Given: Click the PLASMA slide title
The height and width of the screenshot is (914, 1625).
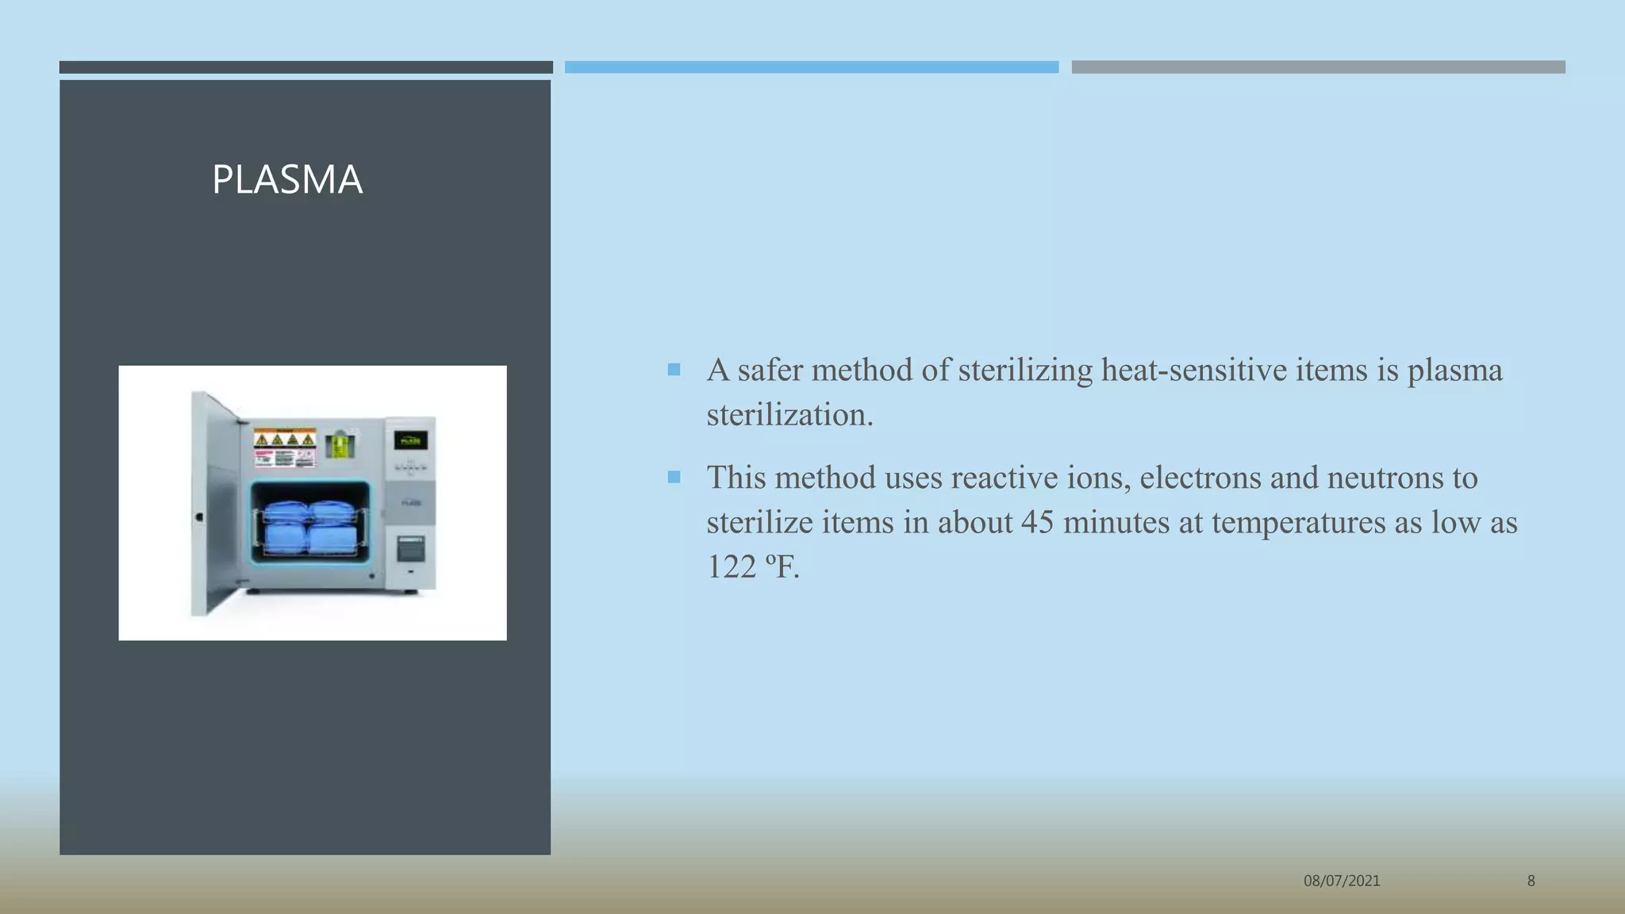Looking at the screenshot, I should [x=287, y=179].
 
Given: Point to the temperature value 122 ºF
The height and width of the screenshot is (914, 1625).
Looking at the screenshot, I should [x=752, y=567].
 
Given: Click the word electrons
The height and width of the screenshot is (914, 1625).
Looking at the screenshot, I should [x=1201, y=478].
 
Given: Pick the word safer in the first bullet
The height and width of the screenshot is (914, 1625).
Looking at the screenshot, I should [x=770, y=371].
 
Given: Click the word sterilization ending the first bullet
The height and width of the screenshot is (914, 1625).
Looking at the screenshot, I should [x=789, y=415].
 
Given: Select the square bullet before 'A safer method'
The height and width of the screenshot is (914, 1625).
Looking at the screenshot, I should [x=674, y=370].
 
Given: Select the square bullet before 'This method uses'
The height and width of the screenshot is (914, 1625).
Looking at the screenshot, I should [x=674, y=477].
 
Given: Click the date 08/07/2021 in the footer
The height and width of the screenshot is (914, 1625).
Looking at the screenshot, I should [x=1342, y=881].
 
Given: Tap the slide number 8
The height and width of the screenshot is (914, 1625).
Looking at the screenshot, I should [x=1531, y=881].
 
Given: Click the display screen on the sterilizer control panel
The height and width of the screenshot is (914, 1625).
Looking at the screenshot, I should [x=410, y=441].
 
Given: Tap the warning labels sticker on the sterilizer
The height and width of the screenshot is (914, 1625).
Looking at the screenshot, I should [x=284, y=448].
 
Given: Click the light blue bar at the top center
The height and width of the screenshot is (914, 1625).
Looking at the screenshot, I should [x=811, y=67].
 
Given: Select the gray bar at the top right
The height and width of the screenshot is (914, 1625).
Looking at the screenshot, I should [x=1318, y=67].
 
